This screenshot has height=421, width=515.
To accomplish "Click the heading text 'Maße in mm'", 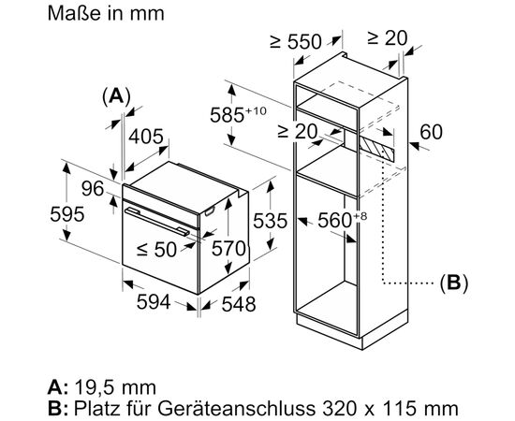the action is click(x=106, y=13).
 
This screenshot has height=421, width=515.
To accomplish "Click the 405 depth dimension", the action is click(x=145, y=137).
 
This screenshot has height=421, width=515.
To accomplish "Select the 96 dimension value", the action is click(x=93, y=189).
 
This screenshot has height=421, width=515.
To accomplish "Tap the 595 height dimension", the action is click(x=67, y=214).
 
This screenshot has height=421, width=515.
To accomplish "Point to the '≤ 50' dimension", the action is click(x=156, y=250).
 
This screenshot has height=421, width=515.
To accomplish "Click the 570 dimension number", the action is click(x=228, y=248).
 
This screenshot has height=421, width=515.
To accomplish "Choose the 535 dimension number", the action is click(x=270, y=221).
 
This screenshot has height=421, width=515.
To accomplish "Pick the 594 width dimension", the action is click(x=154, y=301).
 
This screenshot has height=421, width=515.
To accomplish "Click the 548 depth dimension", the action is click(x=239, y=304).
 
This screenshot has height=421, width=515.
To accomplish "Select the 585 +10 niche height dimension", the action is click(x=238, y=114).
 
